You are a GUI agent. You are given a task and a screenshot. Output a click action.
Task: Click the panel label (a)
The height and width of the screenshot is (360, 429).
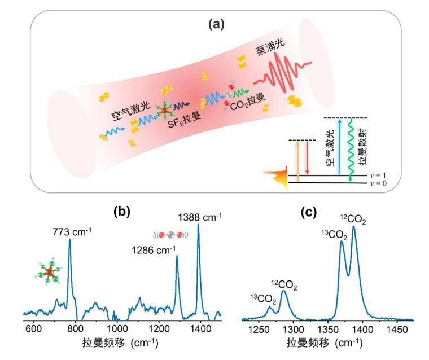pos(216,25)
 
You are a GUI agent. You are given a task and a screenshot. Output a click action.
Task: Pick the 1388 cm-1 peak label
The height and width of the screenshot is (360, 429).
pos(200,216)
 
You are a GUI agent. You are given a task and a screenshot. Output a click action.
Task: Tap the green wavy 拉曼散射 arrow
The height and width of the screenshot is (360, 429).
pos(351,150)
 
